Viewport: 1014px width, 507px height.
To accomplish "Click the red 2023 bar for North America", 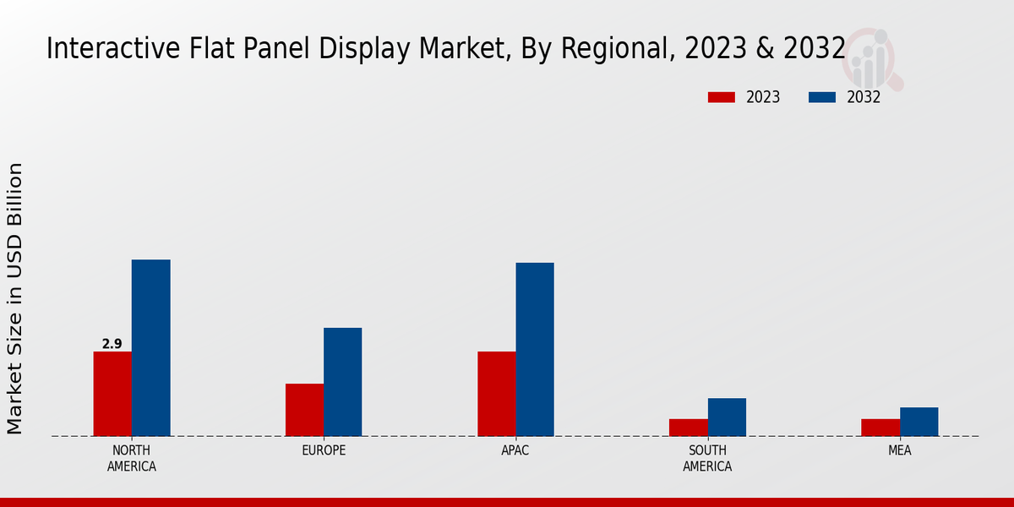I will click(x=112, y=394).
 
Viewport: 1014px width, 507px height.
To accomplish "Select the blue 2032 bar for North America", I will click(x=150, y=348).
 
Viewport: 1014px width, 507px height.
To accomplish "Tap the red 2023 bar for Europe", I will click(x=304, y=410).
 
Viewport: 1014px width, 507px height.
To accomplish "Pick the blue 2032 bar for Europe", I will click(x=342, y=382).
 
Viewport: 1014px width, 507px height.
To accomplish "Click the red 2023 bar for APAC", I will click(x=497, y=394).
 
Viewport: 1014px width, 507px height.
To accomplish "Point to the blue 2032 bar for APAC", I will click(x=535, y=350).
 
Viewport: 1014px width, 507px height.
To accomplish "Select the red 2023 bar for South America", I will click(x=689, y=428).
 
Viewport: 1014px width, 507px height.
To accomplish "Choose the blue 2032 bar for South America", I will click(x=727, y=417).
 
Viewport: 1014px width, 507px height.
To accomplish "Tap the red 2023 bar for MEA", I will click(x=880, y=428).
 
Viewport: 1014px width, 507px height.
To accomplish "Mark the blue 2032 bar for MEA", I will click(x=919, y=422).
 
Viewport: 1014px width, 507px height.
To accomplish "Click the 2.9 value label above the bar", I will click(x=112, y=344).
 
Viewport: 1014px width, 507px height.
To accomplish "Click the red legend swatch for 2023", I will click(x=722, y=97).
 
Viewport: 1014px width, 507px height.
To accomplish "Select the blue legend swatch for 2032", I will click(x=822, y=97).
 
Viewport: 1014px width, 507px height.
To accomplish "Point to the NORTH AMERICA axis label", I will click(x=132, y=458).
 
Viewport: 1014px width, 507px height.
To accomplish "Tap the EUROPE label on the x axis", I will click(x=324, y=450).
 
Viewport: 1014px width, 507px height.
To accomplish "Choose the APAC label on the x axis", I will click(x=515, y=450).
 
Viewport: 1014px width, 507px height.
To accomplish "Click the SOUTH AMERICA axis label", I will click(x=707, y=458).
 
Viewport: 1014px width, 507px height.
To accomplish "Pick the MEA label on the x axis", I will click(x=899, y=450).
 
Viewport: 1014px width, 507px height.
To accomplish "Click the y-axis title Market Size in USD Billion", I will click(x=15, y=298).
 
